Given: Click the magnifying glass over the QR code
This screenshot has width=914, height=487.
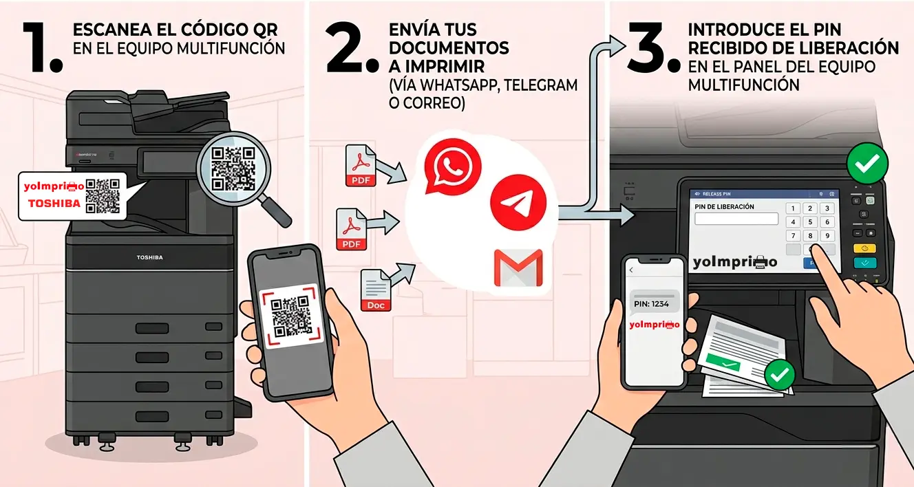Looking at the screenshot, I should click(235, 169).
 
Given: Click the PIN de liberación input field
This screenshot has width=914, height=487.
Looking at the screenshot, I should click(736, 219).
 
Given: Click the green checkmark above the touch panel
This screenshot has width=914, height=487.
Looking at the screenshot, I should click(867, 163).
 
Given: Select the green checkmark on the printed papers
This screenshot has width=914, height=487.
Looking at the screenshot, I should click(780, 375).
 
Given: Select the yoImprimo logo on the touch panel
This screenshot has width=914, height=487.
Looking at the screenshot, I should click(734, 261).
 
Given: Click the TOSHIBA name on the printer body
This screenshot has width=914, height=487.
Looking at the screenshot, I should click(149, 257).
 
